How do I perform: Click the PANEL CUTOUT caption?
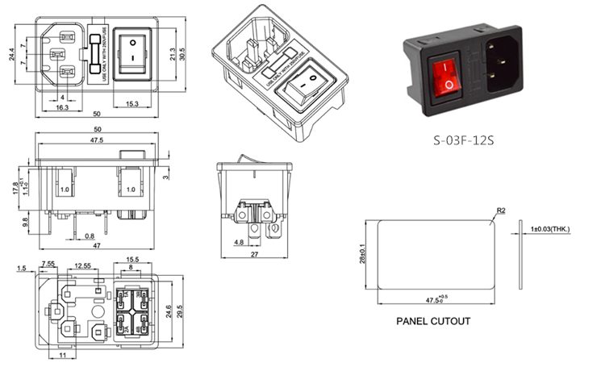432,320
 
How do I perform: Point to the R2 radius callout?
500,211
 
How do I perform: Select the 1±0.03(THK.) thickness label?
549,230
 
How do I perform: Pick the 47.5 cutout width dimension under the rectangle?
432,300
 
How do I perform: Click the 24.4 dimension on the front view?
11,55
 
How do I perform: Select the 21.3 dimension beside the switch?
172,54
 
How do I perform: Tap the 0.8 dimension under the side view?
89,236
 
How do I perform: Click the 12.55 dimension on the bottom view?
82,265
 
